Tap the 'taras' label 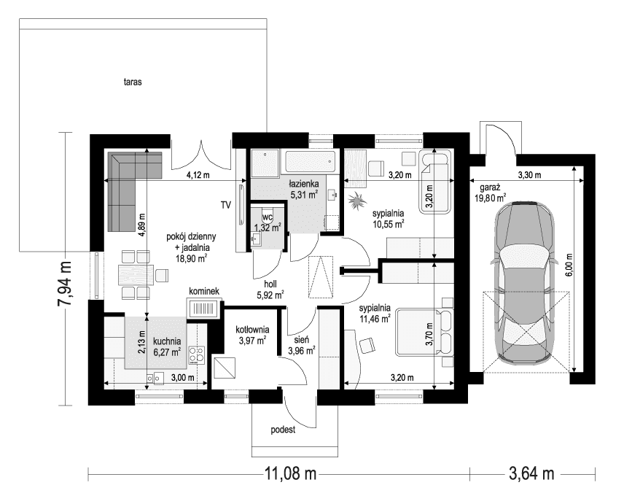(x=132, y=82)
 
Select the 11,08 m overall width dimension (x=289, y=475)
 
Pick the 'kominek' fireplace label (x=203, y=291)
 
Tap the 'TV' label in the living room (x=225, y=205)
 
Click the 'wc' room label (x=268, y=217)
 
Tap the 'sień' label (x=301, y=339)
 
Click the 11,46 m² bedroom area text (x=375, y=319)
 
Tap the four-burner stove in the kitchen (x=197, y=355)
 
